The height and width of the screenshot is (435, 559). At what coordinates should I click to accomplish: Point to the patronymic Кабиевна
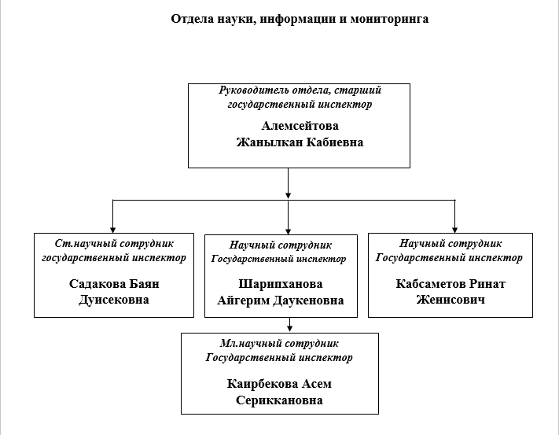coord(334,143)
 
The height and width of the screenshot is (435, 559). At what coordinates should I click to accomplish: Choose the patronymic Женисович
coord(451,300)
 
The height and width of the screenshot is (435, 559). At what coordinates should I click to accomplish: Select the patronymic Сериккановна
coord(279,400)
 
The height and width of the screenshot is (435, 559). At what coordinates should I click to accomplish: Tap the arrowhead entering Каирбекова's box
coord(290,328)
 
